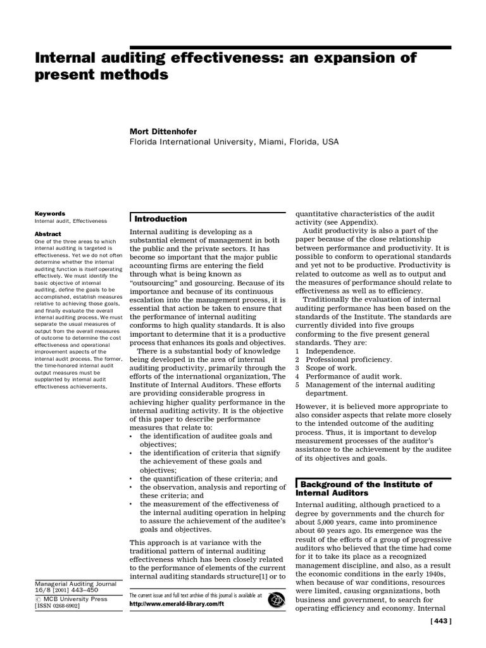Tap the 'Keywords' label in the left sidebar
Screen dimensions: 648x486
(x=50, y=214)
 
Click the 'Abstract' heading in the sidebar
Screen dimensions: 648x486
(x=49, y=234)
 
